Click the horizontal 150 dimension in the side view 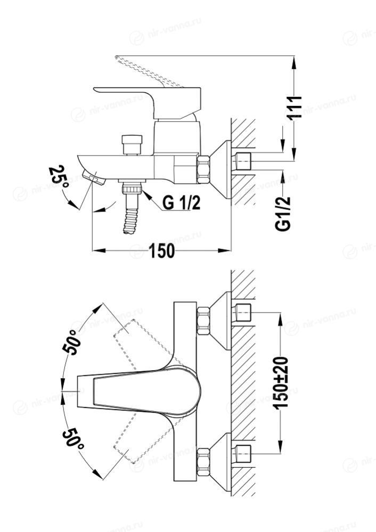161,251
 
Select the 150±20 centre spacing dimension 281,383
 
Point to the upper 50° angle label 72,342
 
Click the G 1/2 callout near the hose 182,202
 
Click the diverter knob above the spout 132,145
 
